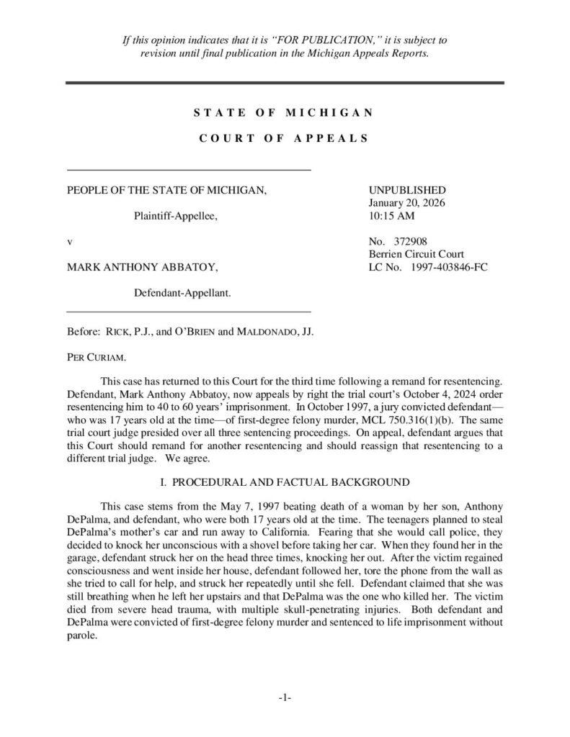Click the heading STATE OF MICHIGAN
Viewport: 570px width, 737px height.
click(285, 113)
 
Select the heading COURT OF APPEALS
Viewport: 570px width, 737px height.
click(285, 138)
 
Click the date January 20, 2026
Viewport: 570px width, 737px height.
click(407, 203)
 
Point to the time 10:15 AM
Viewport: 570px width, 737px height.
click(391, 216)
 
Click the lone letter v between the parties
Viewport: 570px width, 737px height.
click(69, 242)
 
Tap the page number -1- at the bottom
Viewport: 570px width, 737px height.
click(285, 697)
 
